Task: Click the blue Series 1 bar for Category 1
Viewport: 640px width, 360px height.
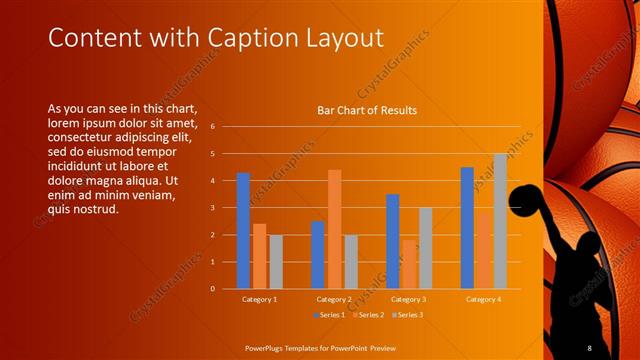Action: pos(243,230)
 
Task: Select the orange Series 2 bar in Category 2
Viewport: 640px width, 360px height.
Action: pos(334,229)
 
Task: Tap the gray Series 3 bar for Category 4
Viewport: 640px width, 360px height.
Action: pos(500,221)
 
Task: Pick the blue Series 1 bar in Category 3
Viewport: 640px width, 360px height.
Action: pos(392,241)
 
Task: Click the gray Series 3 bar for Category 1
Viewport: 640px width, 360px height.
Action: pos(276,261)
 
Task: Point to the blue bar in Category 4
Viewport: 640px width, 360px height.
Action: pos(467,228)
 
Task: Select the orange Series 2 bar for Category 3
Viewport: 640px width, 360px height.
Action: pos(409,264)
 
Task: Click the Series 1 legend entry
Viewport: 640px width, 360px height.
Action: pos(331,315)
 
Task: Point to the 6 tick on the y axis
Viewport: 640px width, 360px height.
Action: pos(213,127)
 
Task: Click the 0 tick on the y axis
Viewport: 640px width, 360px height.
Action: pos(213,288)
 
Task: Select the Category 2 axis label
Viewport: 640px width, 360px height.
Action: pos(334,299)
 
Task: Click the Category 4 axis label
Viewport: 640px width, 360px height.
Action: pos(483,299)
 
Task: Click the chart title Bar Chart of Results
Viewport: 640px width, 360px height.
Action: pos(367,110)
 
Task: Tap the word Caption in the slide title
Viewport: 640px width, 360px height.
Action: pos(252,38)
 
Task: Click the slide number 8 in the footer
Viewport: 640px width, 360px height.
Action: pos(589,347)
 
